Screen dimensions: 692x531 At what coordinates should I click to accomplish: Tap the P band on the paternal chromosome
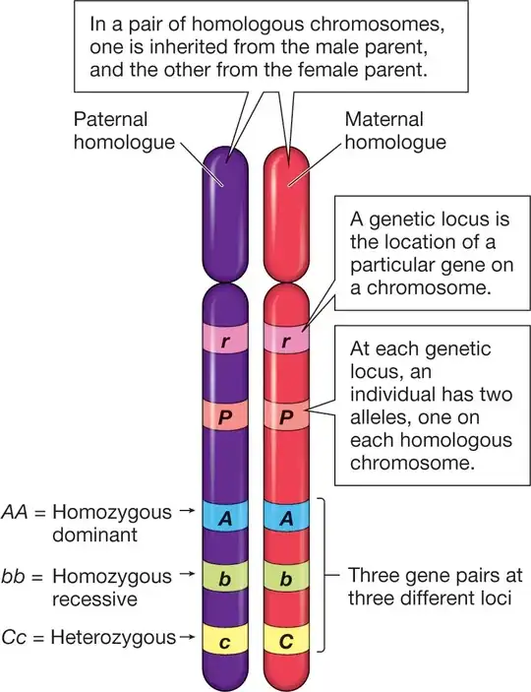(228, 414)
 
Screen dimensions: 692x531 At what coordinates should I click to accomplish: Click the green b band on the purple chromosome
(228, 578)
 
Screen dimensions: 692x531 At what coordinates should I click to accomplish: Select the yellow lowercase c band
(228, 640)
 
